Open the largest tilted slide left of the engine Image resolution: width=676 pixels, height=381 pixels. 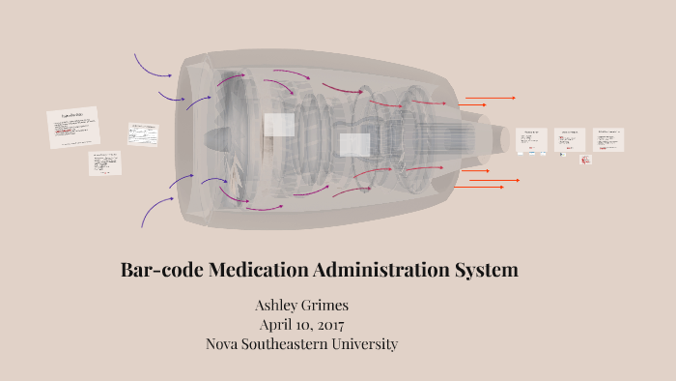click(73, 128)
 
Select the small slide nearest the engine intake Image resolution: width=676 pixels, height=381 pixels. click(142, 134)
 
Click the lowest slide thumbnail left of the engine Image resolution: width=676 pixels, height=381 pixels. click(105, 162)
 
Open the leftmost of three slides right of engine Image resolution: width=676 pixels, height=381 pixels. click(531, 141)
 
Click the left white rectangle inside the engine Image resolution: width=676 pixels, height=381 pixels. click(279, 125)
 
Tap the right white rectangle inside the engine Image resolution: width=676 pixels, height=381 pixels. click(354, 145)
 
